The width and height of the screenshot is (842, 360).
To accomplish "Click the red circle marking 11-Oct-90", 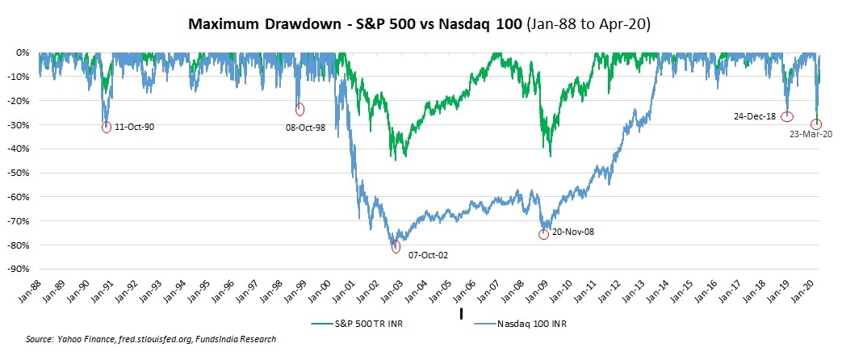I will (107, 127).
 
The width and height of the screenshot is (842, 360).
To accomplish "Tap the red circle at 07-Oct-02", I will (396, 247).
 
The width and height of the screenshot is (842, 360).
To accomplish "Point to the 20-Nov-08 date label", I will (572, 232).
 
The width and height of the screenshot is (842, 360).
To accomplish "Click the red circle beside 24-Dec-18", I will (787, 116).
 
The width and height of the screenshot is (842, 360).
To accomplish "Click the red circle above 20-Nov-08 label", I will (543, 234).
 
